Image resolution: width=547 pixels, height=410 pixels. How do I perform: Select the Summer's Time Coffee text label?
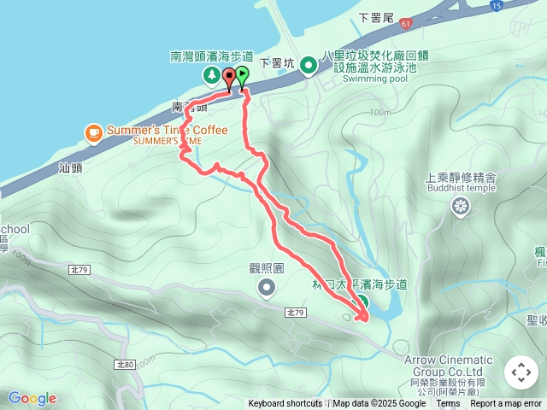[168, 131]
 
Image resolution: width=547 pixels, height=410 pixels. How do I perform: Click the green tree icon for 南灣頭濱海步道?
[211, 76]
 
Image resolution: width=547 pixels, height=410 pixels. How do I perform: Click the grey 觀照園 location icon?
[267, 289]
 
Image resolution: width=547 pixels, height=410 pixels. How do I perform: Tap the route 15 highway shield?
[496, 6]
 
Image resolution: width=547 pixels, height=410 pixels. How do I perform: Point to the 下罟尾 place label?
[374, 17]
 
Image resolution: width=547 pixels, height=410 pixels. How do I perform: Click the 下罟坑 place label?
[276, 62]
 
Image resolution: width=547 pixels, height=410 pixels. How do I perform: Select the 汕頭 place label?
[71, 168]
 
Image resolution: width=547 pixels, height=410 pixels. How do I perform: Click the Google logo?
[32, 398]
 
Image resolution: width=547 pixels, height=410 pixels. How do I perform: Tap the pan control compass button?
[521, 372]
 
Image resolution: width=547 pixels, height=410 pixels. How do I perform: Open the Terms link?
[448, 404]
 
